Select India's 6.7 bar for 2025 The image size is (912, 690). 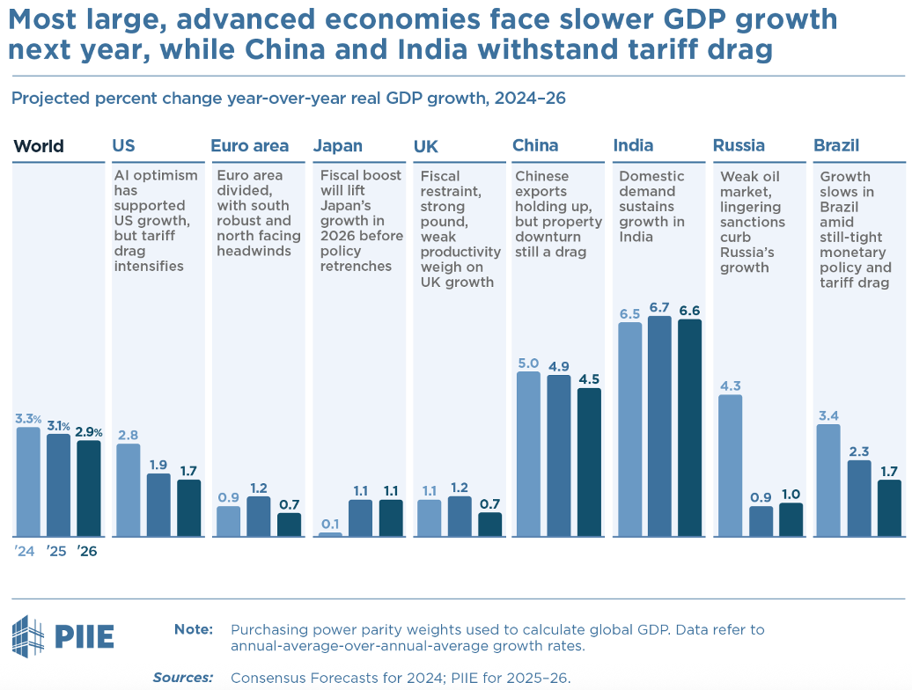659,426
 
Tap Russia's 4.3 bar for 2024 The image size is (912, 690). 730,466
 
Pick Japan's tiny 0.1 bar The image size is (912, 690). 330,533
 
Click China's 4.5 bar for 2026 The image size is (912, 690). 589,462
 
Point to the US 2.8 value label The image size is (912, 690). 128,435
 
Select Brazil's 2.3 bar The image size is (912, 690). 859,498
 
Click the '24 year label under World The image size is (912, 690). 23,552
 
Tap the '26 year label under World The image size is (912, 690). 86,552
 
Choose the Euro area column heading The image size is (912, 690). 249,146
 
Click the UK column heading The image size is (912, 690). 426,146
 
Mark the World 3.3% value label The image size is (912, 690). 27,419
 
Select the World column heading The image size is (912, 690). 39,146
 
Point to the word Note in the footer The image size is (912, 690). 194,630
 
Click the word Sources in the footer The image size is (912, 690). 183,678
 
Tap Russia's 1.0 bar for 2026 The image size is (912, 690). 791,519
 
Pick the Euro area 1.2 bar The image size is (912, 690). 259,517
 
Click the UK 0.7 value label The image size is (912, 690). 489,504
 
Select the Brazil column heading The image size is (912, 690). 836,146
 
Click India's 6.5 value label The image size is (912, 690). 629,314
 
